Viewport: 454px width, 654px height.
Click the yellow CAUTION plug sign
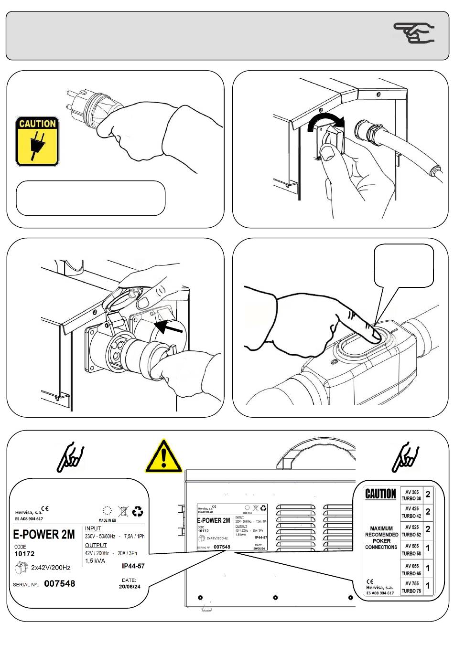[37, 141]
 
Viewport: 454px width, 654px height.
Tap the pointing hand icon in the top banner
[414, 33]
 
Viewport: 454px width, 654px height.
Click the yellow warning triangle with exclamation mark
[164, 456]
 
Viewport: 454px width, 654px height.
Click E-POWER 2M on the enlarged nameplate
[43, 534]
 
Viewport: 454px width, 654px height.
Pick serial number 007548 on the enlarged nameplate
[59, 583]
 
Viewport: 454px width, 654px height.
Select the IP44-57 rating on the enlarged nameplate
[133, 566]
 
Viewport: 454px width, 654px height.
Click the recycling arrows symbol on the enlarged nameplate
[138, 512]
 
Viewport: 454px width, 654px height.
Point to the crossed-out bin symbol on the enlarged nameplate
[123, 512]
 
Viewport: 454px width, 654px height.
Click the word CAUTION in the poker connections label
[380, 494]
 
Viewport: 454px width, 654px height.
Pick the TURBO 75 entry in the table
[411, 591]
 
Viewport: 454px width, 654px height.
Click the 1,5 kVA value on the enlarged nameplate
[95, 561]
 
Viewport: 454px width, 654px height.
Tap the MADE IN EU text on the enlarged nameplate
[107, 520]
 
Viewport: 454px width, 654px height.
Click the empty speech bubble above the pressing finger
[404, 265]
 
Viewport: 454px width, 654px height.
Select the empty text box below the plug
[91, 198]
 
